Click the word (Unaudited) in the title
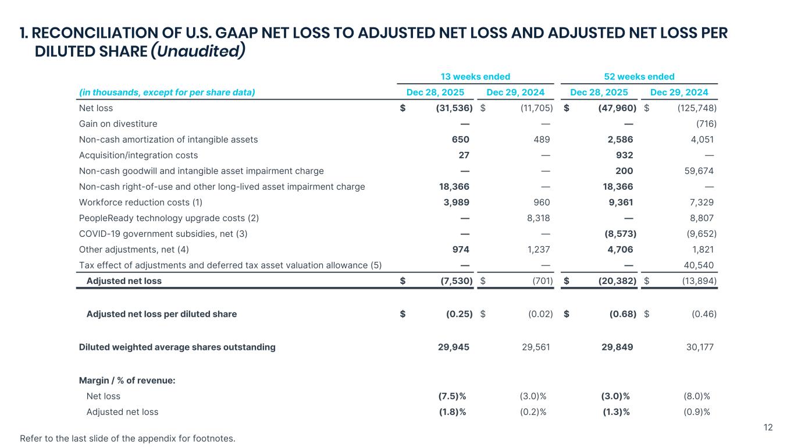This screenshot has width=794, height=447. pyautogui.click(x=197, y=51)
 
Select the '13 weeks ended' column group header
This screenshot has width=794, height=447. pyautogui.click(x=475, y=76)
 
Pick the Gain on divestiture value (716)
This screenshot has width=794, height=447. pyautogui.click(x=706, y=123)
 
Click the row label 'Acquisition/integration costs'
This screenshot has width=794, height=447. pyautogui.click(x=138, y=155)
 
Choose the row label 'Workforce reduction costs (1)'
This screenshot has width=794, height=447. pyautogui.click(x=141, y=202)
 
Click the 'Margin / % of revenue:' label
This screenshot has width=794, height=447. pyautogui.click(x=127, y=380)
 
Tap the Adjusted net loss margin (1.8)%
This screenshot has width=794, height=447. pyautogui.click(x=452, y=411)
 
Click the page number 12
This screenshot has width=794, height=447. pyautogui.click(x=768, y=428)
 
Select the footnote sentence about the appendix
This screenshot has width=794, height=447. pyautogui.click(x=128, y=438)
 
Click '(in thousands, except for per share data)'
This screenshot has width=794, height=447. pyautogui.click(x=167, y=92)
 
